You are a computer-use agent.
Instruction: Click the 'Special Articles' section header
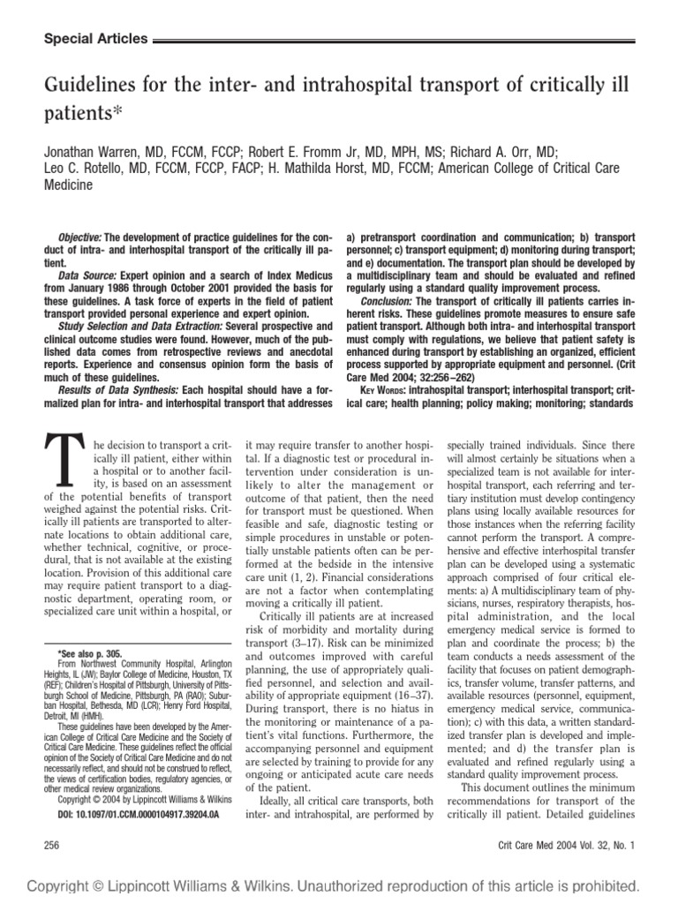[x=95, y=40]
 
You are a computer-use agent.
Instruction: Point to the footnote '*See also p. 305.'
[x=89, y=654]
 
